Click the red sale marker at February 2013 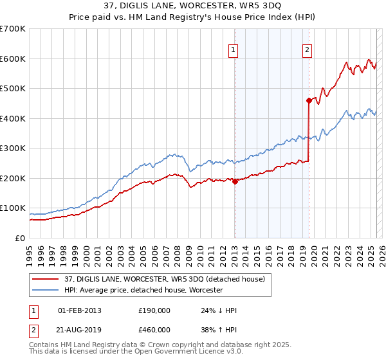click(x=235, y=181)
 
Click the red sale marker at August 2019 click(x=309, y=100)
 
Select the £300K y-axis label click(x=12, y=148)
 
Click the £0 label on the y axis click(x=20, y=238)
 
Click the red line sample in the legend click(x=46, y=278)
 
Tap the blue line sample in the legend click(x=46, y=291)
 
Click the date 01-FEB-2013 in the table click(x=80, y=310)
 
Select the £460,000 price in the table click(x=154, y=329)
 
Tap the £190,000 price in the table click(x=154, y=310)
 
